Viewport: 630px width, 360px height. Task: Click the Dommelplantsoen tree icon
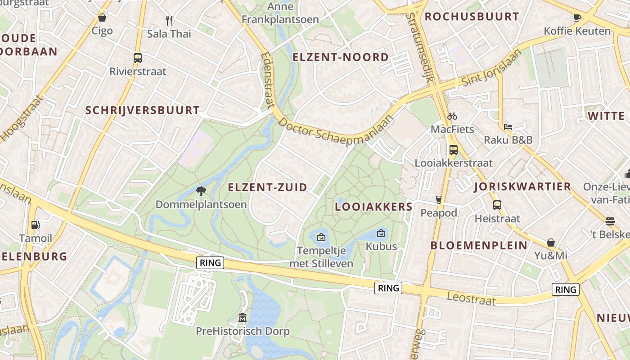(201, 191)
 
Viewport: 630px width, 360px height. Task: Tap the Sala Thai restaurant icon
(169, 20)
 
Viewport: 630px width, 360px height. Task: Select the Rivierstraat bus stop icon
(138, 58)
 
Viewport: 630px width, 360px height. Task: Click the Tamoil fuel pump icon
(35, 225)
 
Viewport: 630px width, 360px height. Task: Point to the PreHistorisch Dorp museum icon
(243, 318)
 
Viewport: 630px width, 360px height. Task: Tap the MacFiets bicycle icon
(452, 116)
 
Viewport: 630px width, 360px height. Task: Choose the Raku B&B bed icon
(508, 126)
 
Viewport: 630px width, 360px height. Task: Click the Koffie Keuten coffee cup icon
(577, 18)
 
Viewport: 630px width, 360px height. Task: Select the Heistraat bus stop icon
(497, 205)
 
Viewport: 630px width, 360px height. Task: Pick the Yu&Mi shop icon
(551, 243)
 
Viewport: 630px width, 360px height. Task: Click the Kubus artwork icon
(381, 233)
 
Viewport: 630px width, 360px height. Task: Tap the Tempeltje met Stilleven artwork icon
(321, 237)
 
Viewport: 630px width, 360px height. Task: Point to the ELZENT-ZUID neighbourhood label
(267, 187)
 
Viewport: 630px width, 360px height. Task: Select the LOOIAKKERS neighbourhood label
(373, 207)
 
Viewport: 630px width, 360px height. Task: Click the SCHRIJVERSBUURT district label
(142, 110)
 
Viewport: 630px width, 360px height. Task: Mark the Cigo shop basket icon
(102, 18)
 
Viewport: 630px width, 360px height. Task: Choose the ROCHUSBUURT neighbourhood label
(472, 17)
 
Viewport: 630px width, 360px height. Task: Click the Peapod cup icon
(439, 199)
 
